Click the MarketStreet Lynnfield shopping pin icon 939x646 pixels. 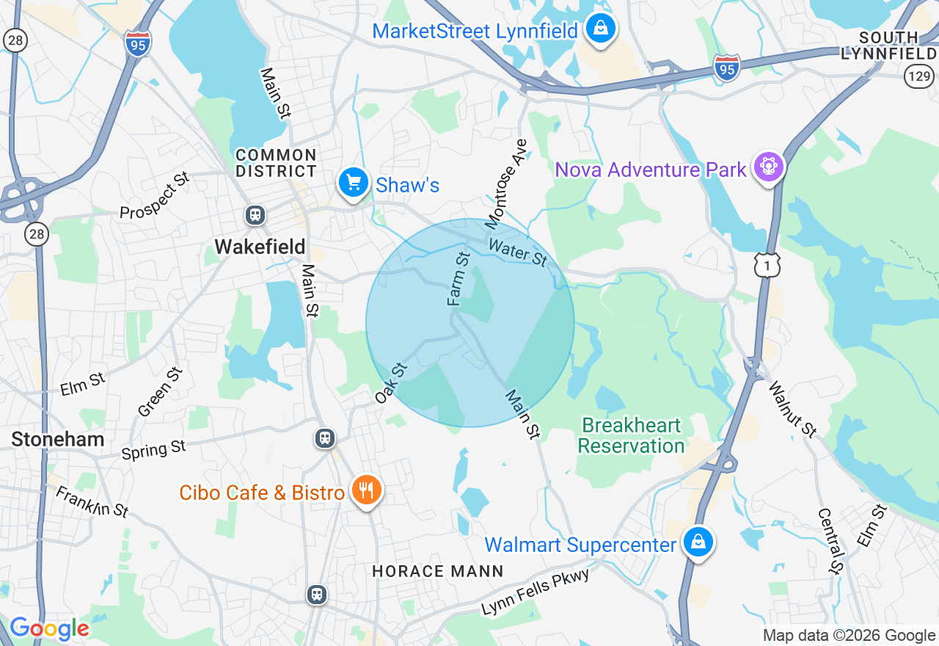pyautogui.click(x=601, y=29)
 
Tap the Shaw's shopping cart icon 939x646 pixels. pyautogui.click(x=353, y=182)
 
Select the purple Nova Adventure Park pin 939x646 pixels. pyautogui.click(x=768, y=168)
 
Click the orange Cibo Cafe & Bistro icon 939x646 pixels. pyautogui.click(x=365, y=490)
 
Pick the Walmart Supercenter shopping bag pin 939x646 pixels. pyautogui.click(x=698, y=542)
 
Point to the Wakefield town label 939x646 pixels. pyautogui.click(x=260, y=246)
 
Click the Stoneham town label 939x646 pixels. pyautogui.click(x=57, y=440)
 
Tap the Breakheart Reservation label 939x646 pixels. pyautogui.click(x=631, y=435)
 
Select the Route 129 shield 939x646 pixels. pyautogui.click(x=918, y=75)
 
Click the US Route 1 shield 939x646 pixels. pyautogui.click(x=767, y=265)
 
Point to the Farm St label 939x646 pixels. pyautogui.click(x=458, y=278)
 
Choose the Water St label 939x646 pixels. pyautogui.click(x=518, y=253)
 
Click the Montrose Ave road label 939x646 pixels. pyautogui.click(x=505, y=183)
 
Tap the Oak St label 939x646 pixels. pyautogui.click(x=390, y=382)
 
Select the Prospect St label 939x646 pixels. pyautogui.click(x=155, y=196)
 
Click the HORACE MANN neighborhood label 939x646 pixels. pyautogui.click(x=437, y=570)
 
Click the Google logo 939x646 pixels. pyautogui.click(x=49, y=629)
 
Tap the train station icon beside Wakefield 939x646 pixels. pyautogui.click(x=255, y=214)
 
